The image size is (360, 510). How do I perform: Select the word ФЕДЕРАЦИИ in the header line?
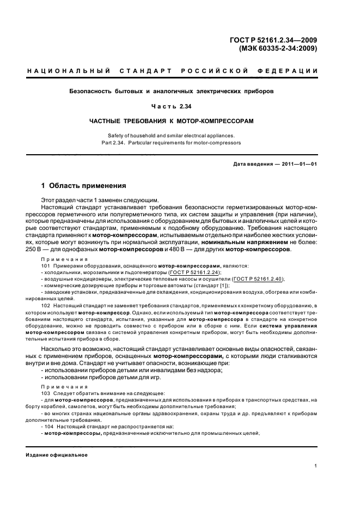coord(292,71)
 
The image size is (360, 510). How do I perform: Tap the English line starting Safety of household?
coord(179,135)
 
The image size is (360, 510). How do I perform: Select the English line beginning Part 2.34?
coord(179,143)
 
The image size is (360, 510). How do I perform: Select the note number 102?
coord(45,307)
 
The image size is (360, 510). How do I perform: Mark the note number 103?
coord(45,393)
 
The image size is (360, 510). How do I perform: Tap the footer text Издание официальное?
coord(57,454)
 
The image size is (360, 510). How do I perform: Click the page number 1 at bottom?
coord(316,466)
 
